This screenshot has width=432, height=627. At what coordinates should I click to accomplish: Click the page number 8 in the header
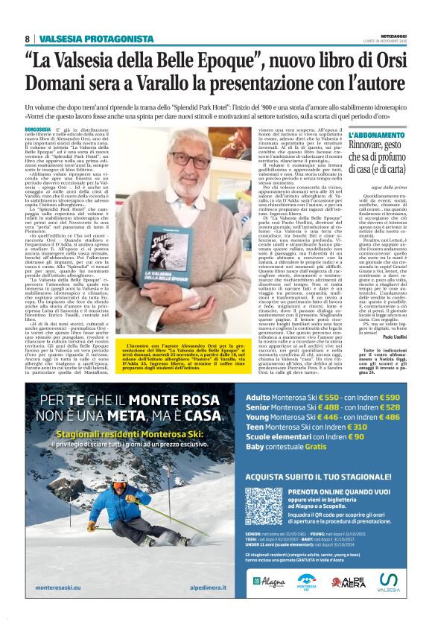28,39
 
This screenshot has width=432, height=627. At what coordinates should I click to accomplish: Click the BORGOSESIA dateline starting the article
39,130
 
